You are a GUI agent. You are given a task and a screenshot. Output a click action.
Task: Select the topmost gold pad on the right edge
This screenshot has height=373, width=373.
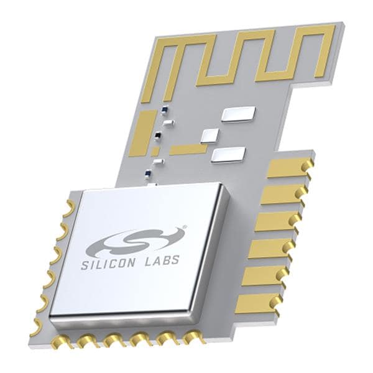click(x=287, y=167)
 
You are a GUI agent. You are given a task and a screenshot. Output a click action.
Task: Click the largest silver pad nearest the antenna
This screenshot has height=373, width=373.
click(x=238, y=114)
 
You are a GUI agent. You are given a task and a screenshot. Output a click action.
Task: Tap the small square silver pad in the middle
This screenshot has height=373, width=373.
click(x=210, y=136)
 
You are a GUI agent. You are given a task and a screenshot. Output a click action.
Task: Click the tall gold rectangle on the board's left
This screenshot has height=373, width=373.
click(x=144, y=132)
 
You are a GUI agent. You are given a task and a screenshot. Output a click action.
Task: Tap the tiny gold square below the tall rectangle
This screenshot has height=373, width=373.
click(x=155, y=152)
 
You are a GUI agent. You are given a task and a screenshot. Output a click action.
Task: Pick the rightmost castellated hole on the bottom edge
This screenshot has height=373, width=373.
click(x=194, y=338)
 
